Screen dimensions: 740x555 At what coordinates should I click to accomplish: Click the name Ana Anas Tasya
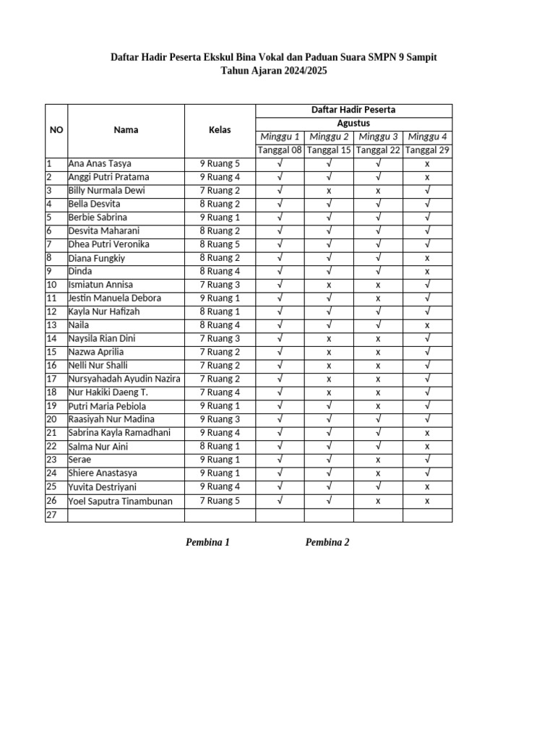tap(100, 163)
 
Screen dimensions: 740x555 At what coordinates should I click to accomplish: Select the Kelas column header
tap(220, 130)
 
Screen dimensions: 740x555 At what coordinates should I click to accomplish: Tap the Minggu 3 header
tap(378, 137)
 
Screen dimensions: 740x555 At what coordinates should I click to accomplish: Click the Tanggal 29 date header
tap(427, 150)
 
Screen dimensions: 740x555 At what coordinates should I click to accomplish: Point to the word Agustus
tap(353, 123)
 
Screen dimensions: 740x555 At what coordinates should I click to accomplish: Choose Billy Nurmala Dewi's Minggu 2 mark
tap(329, 191)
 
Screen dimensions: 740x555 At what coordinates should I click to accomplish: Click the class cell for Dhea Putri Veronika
tap(220, 244)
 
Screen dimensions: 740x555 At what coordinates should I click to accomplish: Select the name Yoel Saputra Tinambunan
tap(120, 501)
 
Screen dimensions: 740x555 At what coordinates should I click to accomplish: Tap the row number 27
tap(51, 515)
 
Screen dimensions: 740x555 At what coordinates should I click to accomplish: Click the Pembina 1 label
tap(207, 543)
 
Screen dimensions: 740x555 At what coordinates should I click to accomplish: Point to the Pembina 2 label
tap(327, 543)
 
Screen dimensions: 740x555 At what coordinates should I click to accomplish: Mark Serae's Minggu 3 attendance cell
tap(378, 460)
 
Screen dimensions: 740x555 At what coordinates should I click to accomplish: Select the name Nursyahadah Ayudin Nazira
tap(124, 379)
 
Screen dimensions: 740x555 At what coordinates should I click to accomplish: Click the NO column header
tap(56, 130)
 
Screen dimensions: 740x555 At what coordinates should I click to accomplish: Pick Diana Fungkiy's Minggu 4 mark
tap(427, 258)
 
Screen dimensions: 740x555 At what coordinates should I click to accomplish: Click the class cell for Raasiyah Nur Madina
tap(220, 419)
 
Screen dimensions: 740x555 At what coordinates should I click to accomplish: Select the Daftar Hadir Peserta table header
tap(353, 110)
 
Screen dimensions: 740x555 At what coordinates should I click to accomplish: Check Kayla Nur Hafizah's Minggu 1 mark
tap(280, 311)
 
